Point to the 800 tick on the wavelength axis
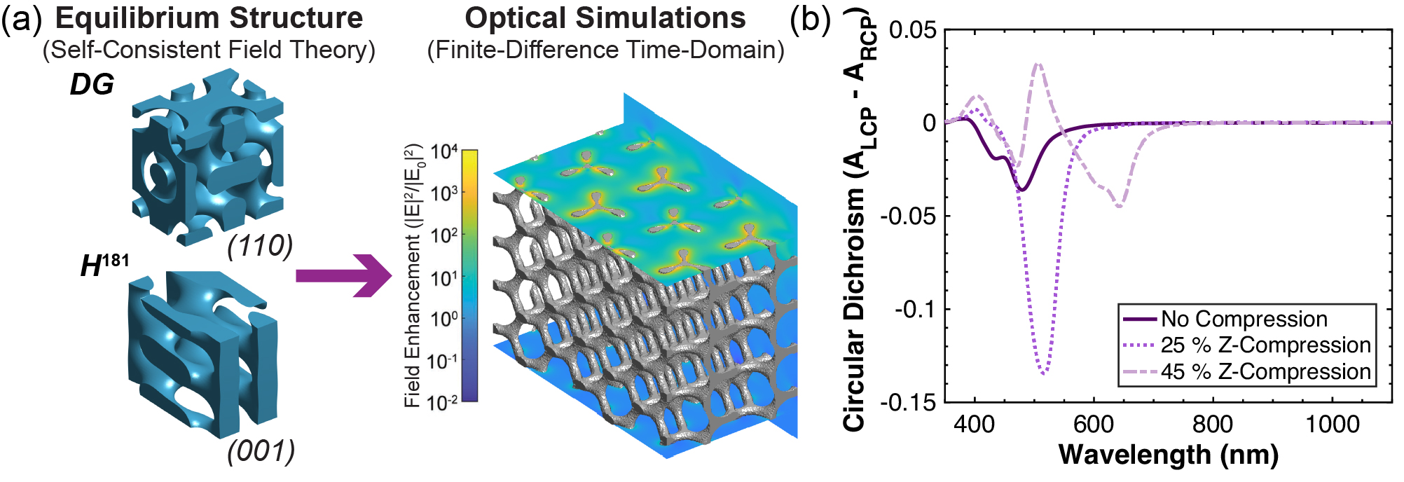(1213, 425)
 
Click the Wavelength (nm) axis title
(1168, 455)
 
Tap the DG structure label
(92, 85)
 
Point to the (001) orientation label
(261, 451)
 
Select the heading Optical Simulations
(605, 18)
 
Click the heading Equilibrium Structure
(209, 18)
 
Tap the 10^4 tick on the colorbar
(444, 151)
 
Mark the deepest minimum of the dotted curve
(1045, 374)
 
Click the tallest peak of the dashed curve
(1038, 64)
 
